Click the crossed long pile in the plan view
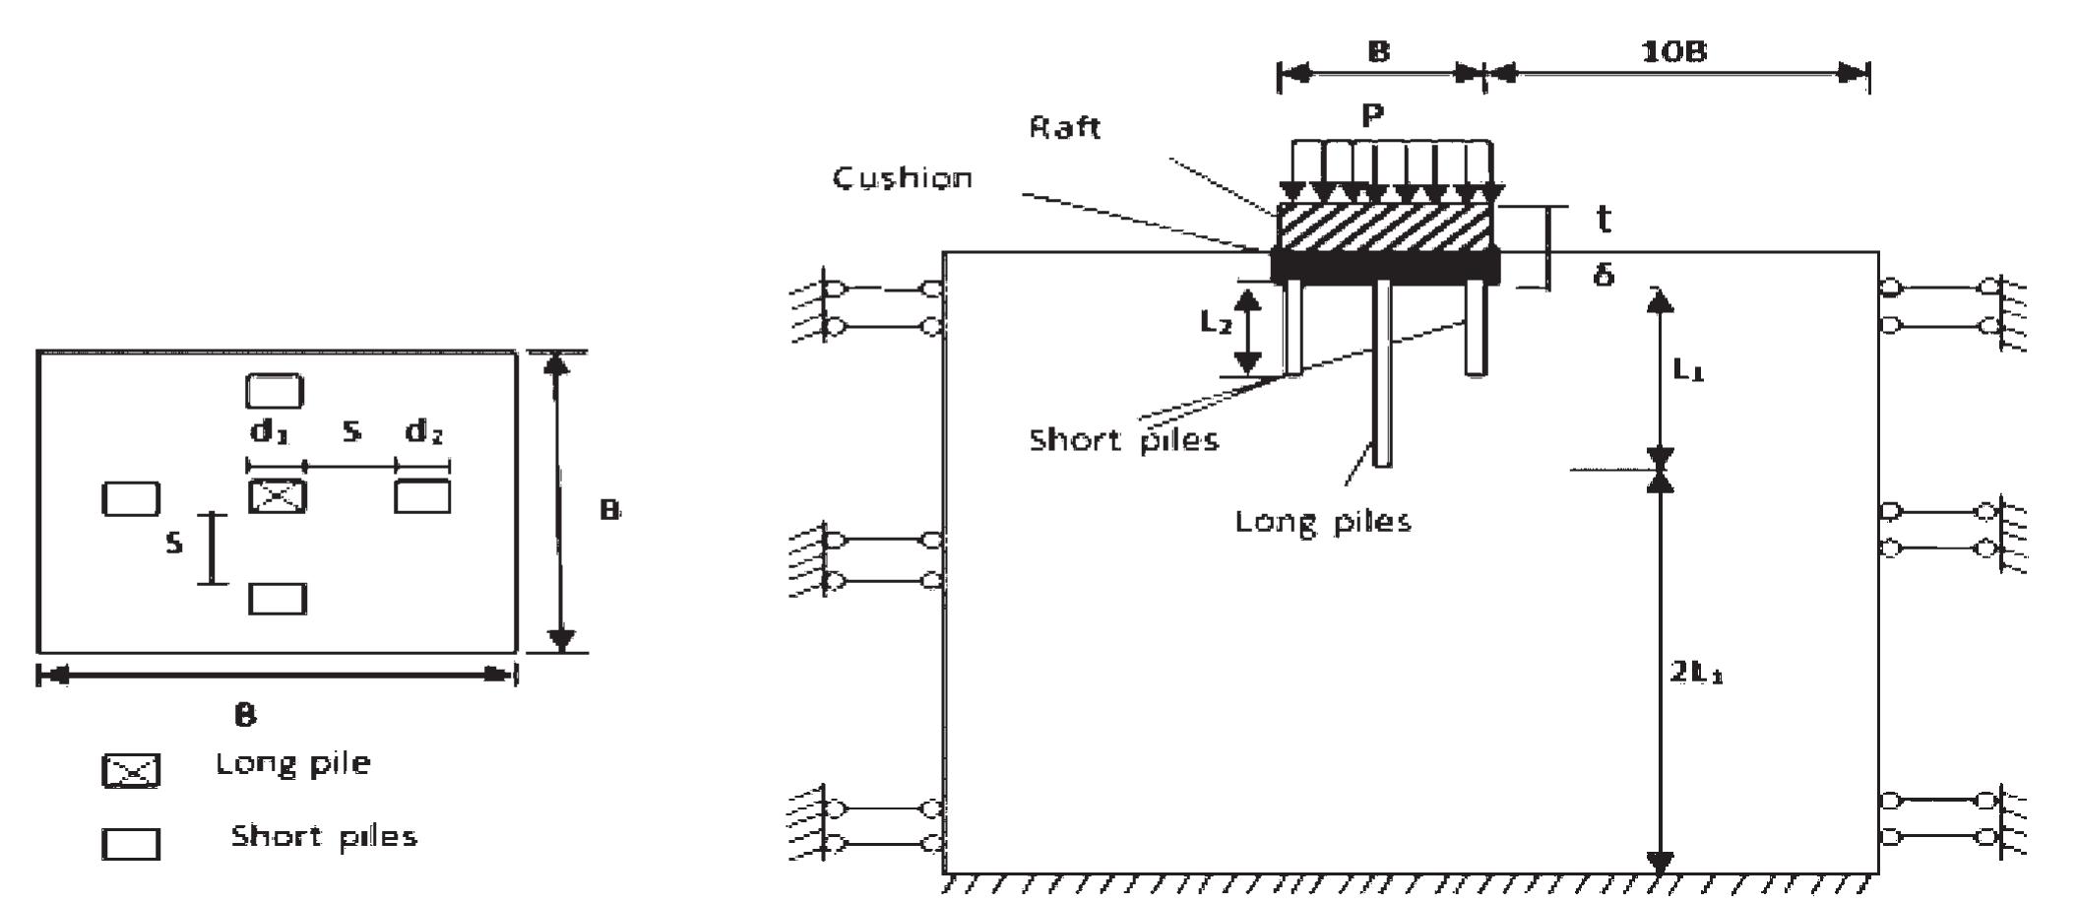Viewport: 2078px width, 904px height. click(277, 496)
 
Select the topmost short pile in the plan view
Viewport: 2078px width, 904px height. click(275, 391)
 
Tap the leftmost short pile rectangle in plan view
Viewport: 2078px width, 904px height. click(131, 498)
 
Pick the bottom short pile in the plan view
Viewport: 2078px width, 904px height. click(278, 599)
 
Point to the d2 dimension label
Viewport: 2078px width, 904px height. click(424, 431)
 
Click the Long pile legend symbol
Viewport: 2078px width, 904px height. click(131, 770)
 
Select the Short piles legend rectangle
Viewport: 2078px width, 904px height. click(131, 844)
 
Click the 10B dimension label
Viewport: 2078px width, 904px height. click(1673, 51)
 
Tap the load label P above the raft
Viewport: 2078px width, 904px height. click(1372, 116)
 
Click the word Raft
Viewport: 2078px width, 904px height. click(1064, 127)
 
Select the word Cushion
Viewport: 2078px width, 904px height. click(903, 178)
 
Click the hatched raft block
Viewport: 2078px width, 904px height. click(1383, 227)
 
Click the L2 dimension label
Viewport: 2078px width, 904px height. click(1216, 321)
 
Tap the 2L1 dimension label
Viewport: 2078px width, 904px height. click(1695, 673)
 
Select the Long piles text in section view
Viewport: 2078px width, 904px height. click(1322, 521)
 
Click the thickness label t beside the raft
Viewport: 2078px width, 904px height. click(1604, 219)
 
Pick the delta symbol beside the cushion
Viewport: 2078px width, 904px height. click(1604, 274)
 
